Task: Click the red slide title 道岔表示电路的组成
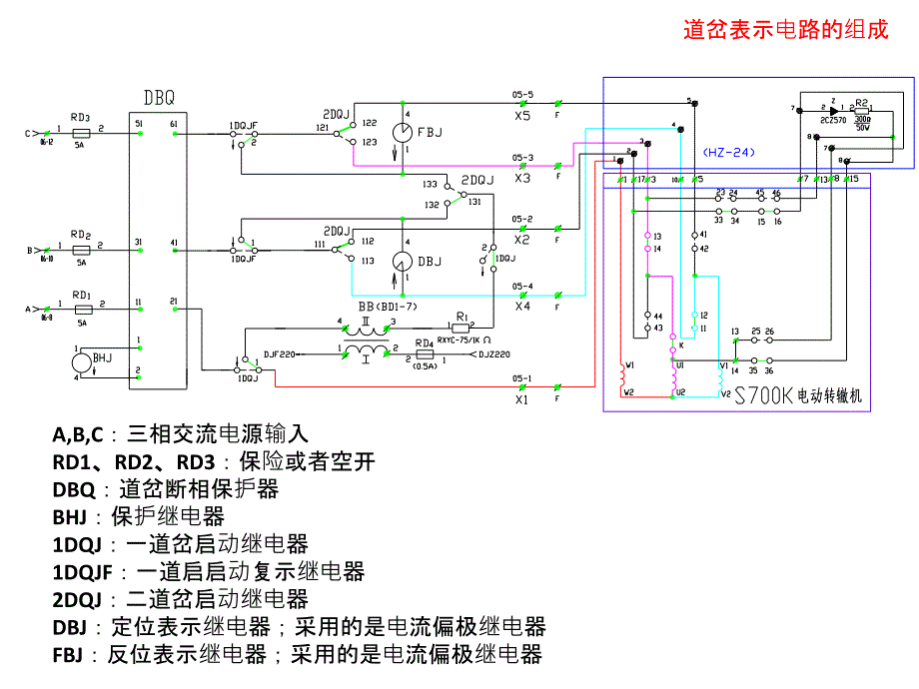coord(785,30)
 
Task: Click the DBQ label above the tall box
coord(159,98)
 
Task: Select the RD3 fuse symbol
coord(82,133)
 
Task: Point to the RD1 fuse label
coord(82,297)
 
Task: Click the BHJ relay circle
coord(89,360)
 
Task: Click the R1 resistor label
coord(460,314)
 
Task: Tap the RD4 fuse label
coord(424,343)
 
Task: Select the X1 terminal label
coord(521,399)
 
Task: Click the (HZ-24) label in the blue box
coord(729,153)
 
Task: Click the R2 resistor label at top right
coord(863,102)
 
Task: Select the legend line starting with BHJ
coord(139,517)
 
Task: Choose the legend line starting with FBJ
coord(297,655)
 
